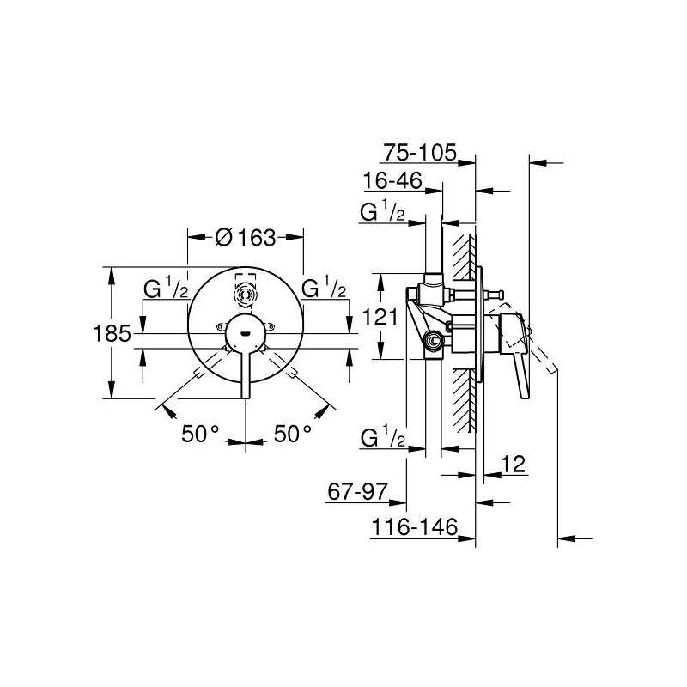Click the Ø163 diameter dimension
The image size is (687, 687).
coord(246,238)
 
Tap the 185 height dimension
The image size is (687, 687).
coord(112,334)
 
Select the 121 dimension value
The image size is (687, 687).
coord(380,317)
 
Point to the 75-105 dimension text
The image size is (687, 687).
coord(420,153)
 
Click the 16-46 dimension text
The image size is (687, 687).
coord(392,180)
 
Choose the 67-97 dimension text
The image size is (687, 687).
coord(357,491)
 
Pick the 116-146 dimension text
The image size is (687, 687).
coord(414,526)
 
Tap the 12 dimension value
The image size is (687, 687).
coord(513,464)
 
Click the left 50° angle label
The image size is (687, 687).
coord(200,434)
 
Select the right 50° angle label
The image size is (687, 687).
coord(293,434)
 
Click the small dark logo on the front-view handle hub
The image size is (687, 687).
coord(246,334)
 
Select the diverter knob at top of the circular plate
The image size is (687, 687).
coord(246,292)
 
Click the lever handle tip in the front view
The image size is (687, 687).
coord(246,396)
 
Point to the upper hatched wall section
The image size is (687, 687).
coord(465,257)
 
